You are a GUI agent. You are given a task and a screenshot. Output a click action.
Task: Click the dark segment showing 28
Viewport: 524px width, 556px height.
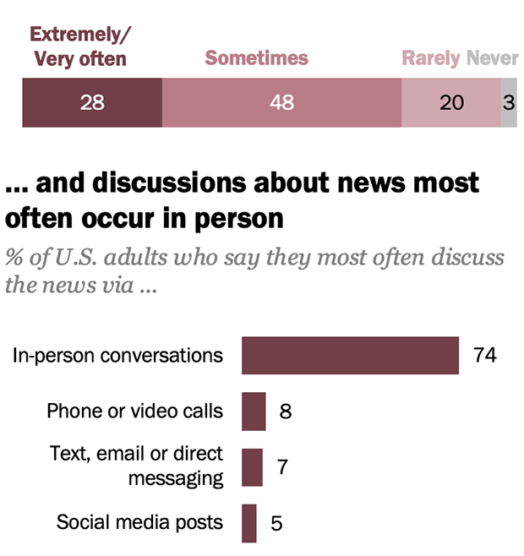pyautogui.click(x=91, y=103)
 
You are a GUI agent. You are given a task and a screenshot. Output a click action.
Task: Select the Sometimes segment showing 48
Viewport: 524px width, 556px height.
pyautogui.click(x=281, y=103)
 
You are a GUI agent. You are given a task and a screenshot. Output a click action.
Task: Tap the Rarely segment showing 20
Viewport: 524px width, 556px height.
pyautogui.click(x=451, y=103)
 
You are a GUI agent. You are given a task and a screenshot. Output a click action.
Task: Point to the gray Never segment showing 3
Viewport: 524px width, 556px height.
pyautogui.click(x=509, y=103)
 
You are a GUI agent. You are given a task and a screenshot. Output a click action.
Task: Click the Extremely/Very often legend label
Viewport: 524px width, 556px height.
pyautogui.click(x=78, y=46)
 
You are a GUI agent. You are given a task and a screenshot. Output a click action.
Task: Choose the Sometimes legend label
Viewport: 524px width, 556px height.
pyautogui.click(x=257, y=58)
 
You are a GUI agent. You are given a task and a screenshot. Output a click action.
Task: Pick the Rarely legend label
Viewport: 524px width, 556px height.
pyautogui.click(x=431, y=58)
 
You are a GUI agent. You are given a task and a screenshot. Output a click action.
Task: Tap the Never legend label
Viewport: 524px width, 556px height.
pyautogui.click(x=493, y=58)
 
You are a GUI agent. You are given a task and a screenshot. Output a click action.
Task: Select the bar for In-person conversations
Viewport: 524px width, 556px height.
pyautogui.click(x=350, y=355)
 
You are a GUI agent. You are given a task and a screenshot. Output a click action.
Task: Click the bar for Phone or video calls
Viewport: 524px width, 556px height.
pyautogui.click(x=254, y=412)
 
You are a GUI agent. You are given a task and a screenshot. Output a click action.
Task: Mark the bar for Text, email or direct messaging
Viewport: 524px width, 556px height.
pyautogui.click(x=252, y=467)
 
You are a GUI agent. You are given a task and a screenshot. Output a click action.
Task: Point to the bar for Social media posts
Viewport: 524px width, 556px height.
pyautogui.click(x=249, y=523)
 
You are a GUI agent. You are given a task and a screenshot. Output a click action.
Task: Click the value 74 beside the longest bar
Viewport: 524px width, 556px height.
pyautogui.click(x=484, y=355)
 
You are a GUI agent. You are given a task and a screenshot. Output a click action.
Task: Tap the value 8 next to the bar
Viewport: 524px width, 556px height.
pyautogui.click(x=285, y=412)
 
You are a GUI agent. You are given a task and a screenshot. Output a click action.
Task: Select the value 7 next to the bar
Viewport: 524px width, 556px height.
pyautogui.click(x=281, y=467)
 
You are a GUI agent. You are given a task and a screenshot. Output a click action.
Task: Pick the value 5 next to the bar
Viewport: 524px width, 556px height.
pyautogui.click(x=276, y=523)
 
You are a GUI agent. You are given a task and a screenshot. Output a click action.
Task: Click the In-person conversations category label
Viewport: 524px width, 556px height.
pyautogui.click(x=117, y=355)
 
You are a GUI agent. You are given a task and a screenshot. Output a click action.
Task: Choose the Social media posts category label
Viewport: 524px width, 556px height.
pyautogui.click(x=139, y=522)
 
